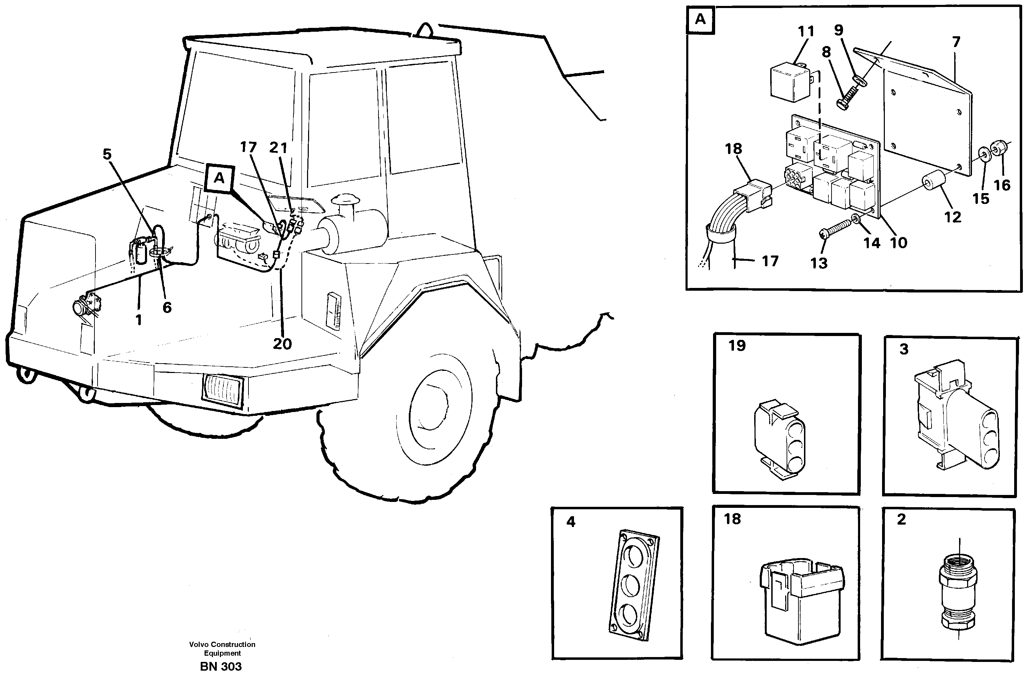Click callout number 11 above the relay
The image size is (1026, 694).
coord(806,32)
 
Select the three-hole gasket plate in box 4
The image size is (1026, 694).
coord(634,585)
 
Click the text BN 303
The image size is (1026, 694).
coord(221,666)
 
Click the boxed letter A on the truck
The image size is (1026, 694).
coord(219,178)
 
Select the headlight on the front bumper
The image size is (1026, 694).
coord(222,391)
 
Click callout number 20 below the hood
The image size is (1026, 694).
coord(282,343)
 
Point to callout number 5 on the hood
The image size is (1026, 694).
coord(107,154)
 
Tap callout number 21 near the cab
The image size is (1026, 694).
coord(278,148)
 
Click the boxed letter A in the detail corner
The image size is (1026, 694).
coord(700,20)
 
